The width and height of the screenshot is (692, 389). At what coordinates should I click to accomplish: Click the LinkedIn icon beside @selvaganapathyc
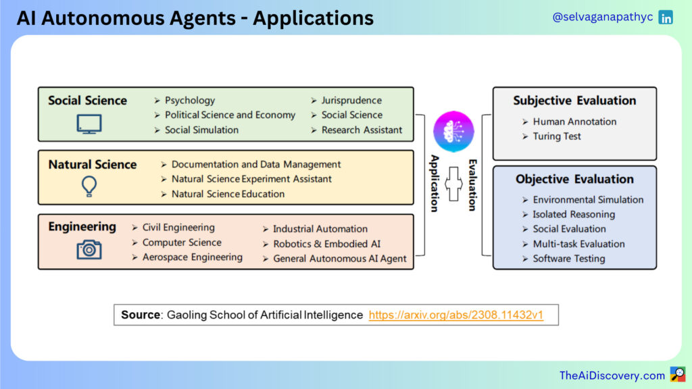(x=666, y=18)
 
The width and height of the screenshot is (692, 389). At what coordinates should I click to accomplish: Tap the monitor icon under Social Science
(x=89, y=124)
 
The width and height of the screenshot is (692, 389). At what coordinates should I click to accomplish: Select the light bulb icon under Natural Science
(x=89, y=186)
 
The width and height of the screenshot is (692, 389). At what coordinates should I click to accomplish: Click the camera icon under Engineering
(x=89, y=250)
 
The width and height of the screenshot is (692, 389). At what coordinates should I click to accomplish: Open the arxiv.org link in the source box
(x=456, y=315)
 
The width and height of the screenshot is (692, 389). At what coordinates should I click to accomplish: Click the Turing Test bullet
(x=557, y=136)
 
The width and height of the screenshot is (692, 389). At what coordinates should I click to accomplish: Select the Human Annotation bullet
(x=574, y=122)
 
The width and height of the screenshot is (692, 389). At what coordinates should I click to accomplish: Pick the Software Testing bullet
(x=568, y=259)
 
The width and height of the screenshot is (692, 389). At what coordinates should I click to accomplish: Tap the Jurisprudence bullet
(x=351, y=101)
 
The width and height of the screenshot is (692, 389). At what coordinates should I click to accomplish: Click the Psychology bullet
(x=190, y=101)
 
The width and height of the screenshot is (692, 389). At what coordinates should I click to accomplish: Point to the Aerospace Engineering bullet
(x=192, y=257)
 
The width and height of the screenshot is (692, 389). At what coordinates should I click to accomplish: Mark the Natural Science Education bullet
(x=228, y=194)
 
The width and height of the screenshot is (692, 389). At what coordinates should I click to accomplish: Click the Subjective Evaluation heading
(x=574, y=101)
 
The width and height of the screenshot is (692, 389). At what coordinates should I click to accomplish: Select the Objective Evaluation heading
(x=574, y=179)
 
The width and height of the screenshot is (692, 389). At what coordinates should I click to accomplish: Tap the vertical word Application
(x=435, y=183)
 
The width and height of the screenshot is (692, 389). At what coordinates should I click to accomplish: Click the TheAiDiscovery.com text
(x=612, y=375)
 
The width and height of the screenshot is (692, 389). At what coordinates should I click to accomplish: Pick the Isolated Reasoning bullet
(x=574, y=214)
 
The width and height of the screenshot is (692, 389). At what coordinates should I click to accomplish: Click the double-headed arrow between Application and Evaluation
(x=453, y=183)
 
